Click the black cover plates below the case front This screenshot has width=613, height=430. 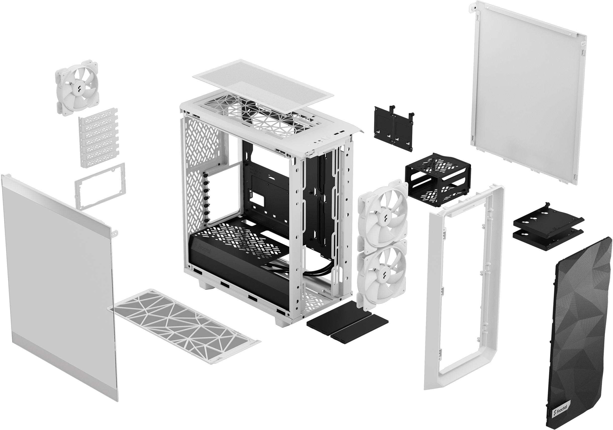coord(347,323)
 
